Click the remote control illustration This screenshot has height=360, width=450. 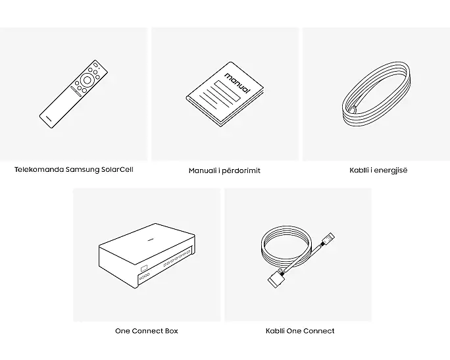[x=74, y=94]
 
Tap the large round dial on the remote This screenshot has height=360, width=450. [x=87, y=80]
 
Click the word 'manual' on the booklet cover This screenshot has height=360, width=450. [x=237, y=83]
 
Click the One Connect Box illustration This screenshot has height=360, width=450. [x=147, y=255]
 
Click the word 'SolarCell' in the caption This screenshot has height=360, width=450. [x=117, y=169]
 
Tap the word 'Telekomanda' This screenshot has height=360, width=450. [x=39, y=169]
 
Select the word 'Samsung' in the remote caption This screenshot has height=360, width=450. [x=83, y=170]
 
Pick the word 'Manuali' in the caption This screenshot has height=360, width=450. [x=203, y=170]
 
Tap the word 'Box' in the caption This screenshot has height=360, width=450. [x=171, y=331]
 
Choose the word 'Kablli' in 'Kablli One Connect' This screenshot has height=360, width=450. [x=275, y=331]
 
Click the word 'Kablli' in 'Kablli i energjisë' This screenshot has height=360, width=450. [x=359, y=170]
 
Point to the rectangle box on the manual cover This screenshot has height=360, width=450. [x=227, y=91]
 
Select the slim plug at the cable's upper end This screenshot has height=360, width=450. [x=328, y=238]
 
